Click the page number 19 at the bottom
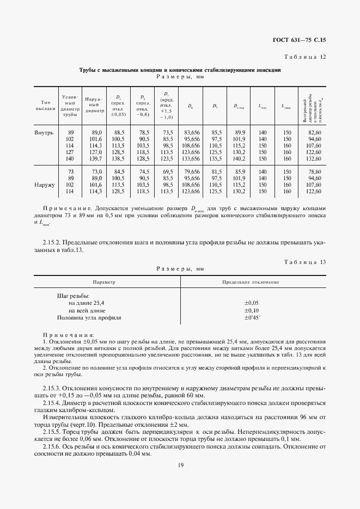(180, 464)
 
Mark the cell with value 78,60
(314, 171)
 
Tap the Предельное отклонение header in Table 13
(251, 283)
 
